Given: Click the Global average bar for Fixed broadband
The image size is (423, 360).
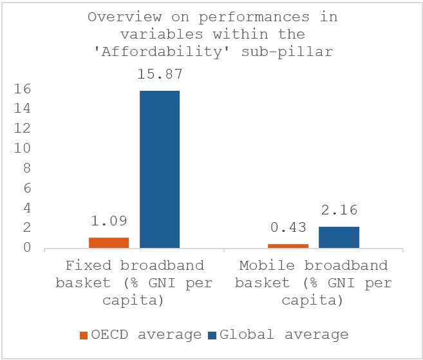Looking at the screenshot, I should [160, 169].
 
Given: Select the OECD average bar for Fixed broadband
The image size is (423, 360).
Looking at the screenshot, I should [109, 242].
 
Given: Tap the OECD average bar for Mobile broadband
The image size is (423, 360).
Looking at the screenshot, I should [288, 245].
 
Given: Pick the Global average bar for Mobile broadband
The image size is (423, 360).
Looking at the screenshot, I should [339, 237].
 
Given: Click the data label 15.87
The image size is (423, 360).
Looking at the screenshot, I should [159, 75].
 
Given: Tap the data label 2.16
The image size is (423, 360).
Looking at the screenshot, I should [339, 211].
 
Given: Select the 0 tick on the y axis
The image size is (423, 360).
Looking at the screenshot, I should [26, 248].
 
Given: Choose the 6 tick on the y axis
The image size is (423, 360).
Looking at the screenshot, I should [26, 188].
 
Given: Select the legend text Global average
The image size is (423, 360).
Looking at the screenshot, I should [284, 335].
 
